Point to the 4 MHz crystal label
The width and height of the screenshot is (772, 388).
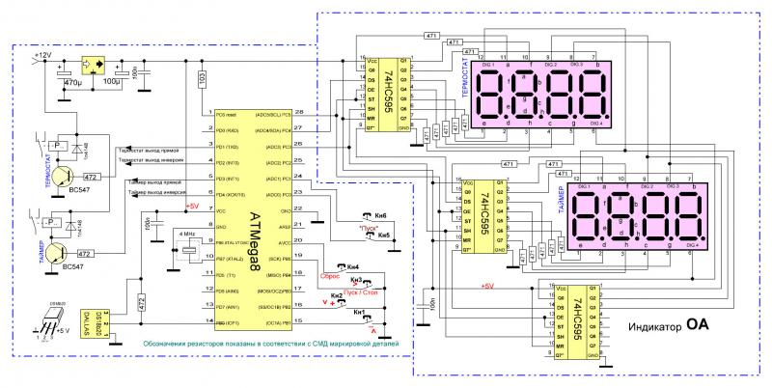click(x=187, y=235)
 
